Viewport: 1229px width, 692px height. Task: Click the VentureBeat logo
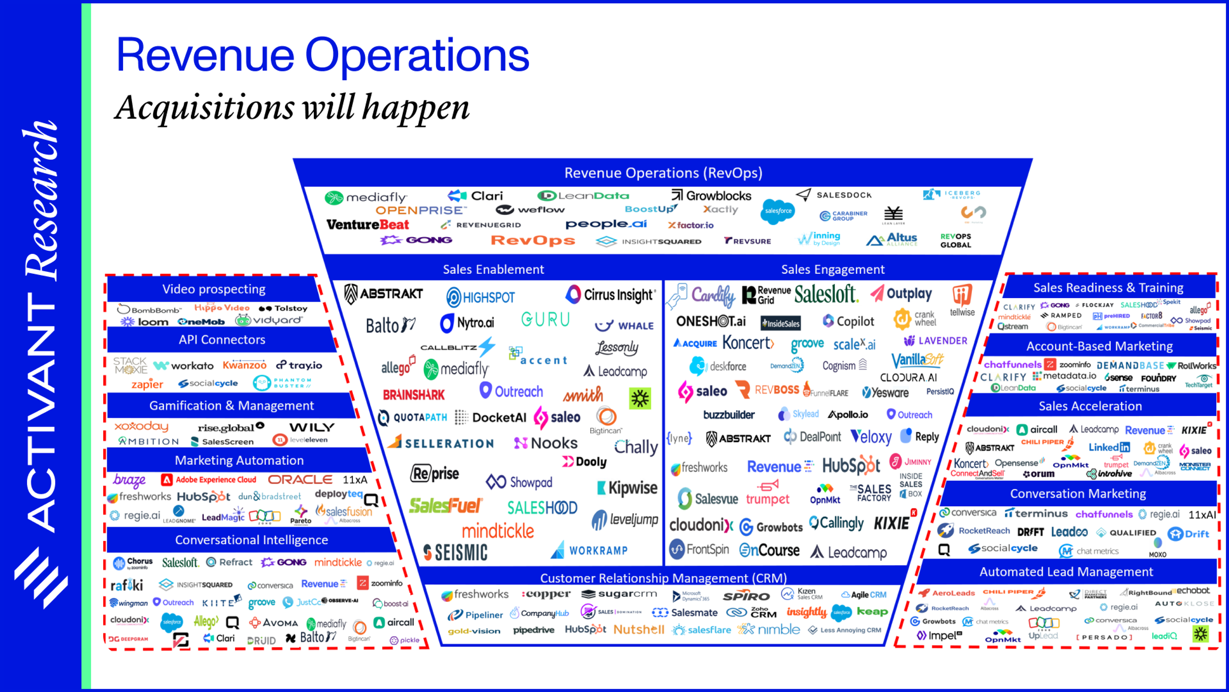367,225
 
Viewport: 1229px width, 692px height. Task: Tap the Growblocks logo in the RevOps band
711,196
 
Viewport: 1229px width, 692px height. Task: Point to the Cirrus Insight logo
610,295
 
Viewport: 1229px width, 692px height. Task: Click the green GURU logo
545,319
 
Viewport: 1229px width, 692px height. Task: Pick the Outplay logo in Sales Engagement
901,294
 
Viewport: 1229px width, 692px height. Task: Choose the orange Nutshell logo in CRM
639,630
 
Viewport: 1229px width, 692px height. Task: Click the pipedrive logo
534,630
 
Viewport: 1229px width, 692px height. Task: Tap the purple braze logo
129,480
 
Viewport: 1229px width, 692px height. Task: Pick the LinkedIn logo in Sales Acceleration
1109,447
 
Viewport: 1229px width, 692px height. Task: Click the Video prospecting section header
214,289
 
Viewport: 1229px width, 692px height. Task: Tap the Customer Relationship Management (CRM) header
663,578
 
